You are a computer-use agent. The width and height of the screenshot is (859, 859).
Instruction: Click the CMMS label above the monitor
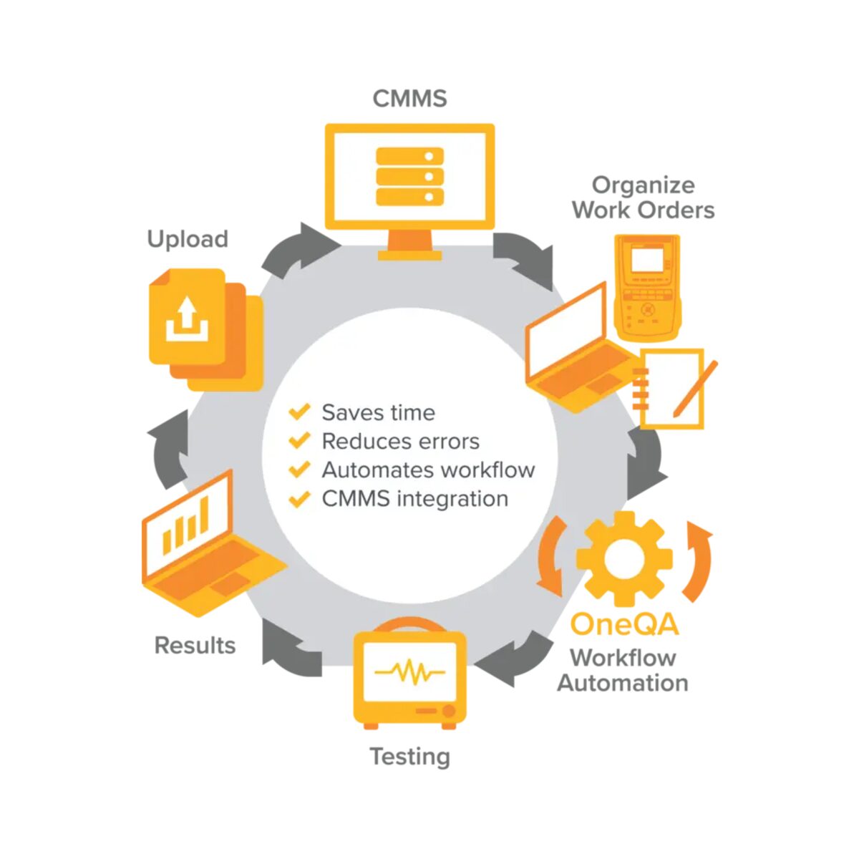coord(409,99)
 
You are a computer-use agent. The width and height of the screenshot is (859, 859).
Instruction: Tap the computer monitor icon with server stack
coord(409,192)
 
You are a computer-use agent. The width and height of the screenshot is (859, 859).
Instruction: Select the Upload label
coord(188,240)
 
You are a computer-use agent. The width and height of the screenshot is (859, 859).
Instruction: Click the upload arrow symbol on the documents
coord(188,319)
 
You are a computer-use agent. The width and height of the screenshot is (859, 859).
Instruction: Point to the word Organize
coord(643,185)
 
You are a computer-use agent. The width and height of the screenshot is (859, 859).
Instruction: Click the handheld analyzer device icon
coord(647,288)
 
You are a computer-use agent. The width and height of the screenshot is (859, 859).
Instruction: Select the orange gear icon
coord(624,558)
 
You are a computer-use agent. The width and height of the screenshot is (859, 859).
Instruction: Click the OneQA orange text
coord(624,624)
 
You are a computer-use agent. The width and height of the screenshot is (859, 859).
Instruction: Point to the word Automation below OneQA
coord(623,683)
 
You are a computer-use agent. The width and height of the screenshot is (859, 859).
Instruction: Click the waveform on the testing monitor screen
coord(409,671)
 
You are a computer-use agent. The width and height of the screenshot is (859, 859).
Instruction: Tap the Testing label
coord(409,757)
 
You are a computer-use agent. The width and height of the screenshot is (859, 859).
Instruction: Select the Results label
coord(195,645)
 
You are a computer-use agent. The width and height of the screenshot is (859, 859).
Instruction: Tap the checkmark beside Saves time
coord(299,412)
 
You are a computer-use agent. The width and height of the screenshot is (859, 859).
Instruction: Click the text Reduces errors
coord(400,442)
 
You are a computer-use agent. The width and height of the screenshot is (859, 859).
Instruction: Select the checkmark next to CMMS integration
coord(299,499)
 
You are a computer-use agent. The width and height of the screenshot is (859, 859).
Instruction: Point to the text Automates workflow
coord(428,470)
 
